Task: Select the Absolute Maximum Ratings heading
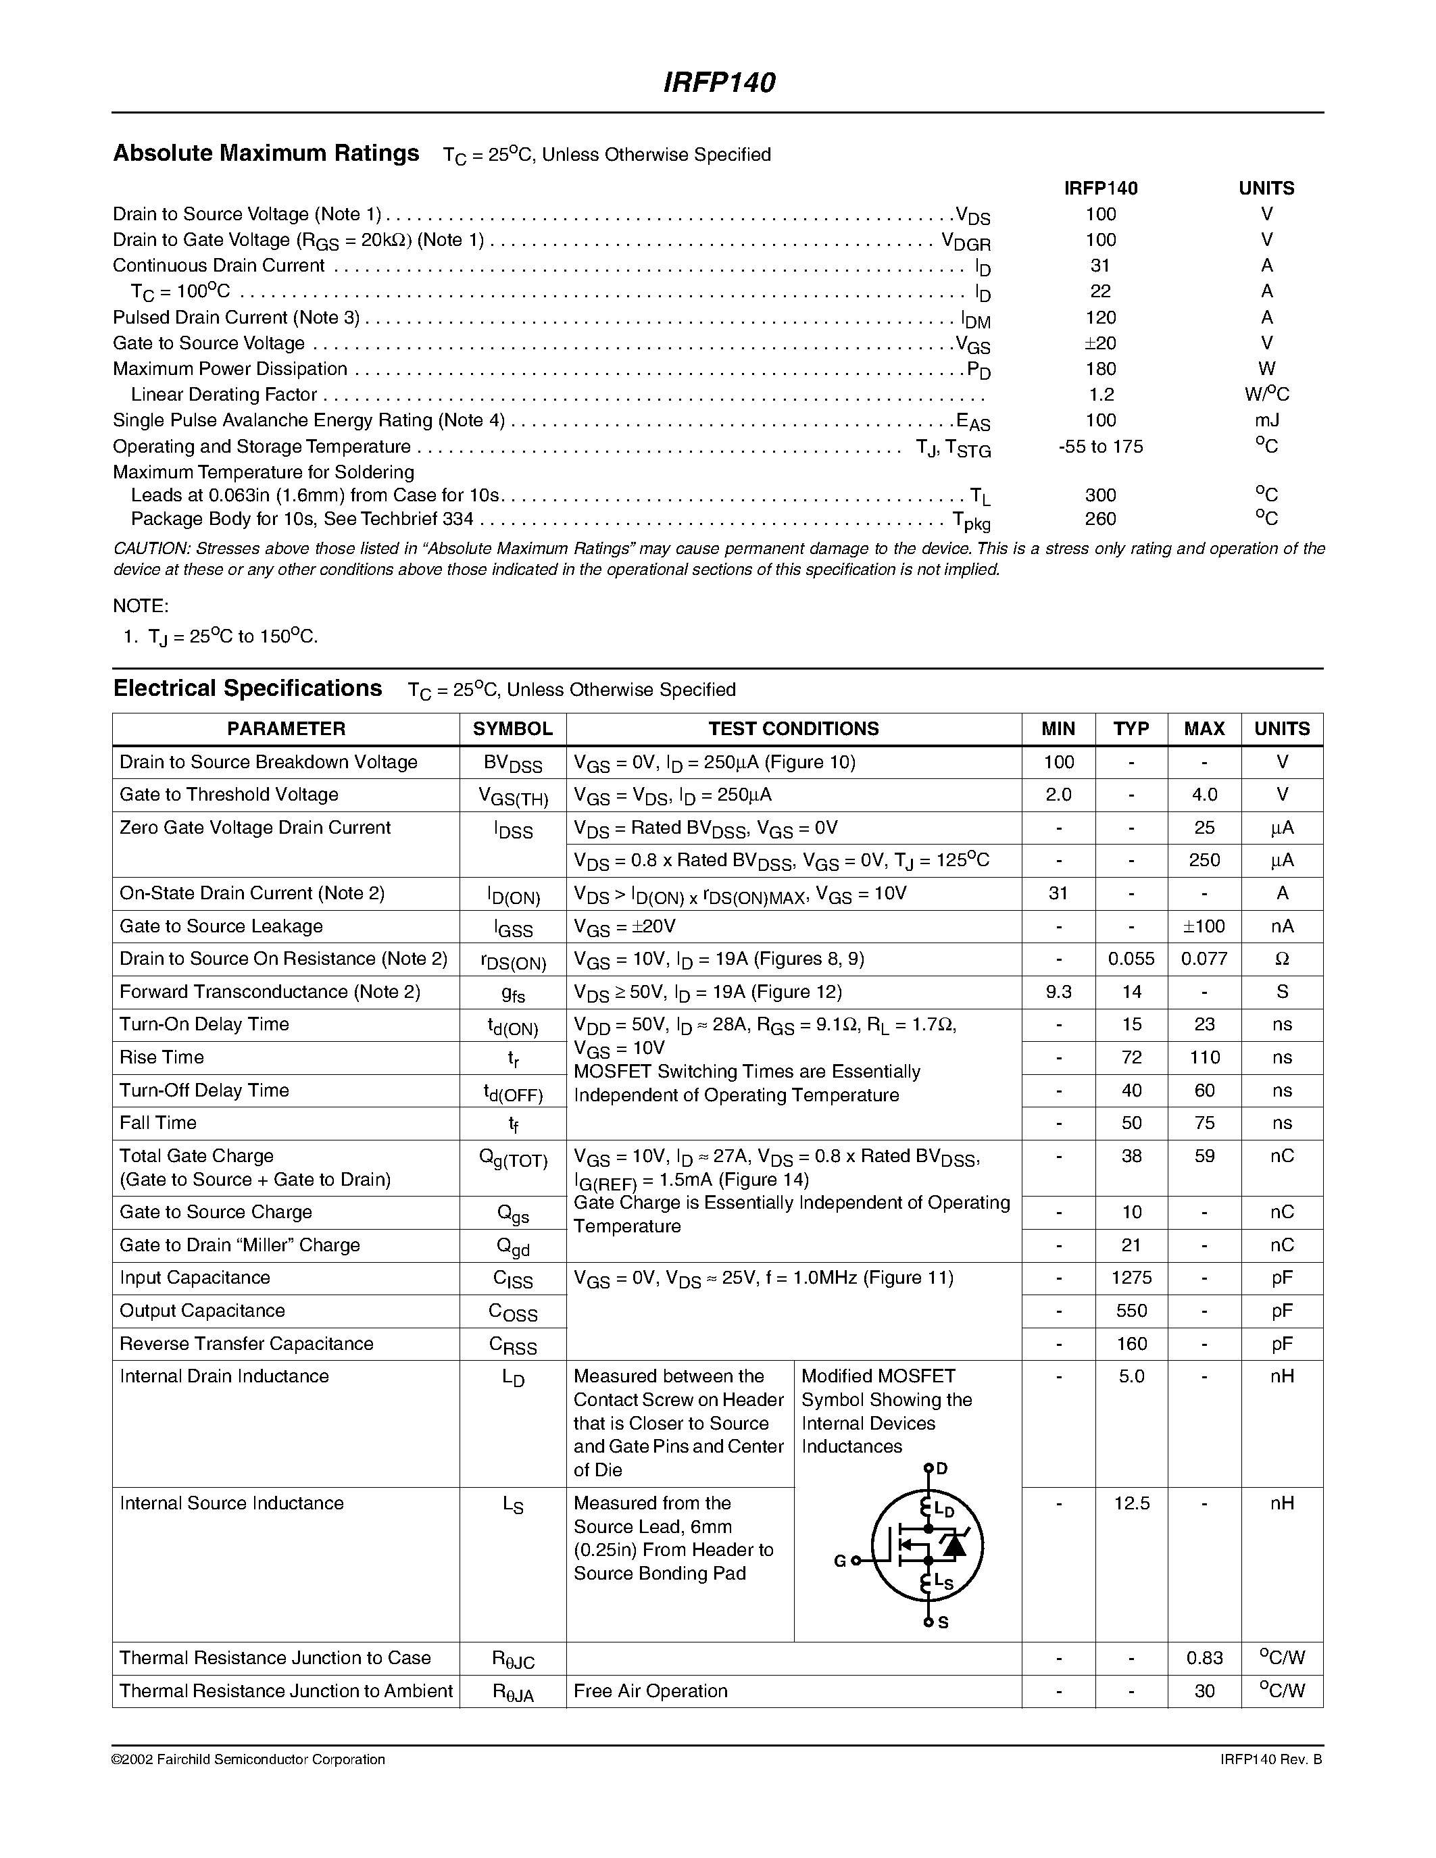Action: (266, 153)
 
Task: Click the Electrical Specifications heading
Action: (247, 688)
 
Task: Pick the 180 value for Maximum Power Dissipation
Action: (1100, 369)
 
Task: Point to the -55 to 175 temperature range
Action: (1100, 447)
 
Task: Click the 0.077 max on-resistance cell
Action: (1204, 959)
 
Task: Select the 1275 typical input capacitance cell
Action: (1131, 1278)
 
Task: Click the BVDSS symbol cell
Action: (512, 763)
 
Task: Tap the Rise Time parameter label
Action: (162, 1057)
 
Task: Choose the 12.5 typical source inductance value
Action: (1131, 1503)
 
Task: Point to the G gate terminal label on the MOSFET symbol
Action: (840, 1561)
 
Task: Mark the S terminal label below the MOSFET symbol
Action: (943, 1623)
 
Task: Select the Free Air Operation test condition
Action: (650, 1691)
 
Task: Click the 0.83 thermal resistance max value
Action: (1204, 1658)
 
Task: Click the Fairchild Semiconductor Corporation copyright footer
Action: (249, 1759)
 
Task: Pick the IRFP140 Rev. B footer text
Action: (1264, 1759)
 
